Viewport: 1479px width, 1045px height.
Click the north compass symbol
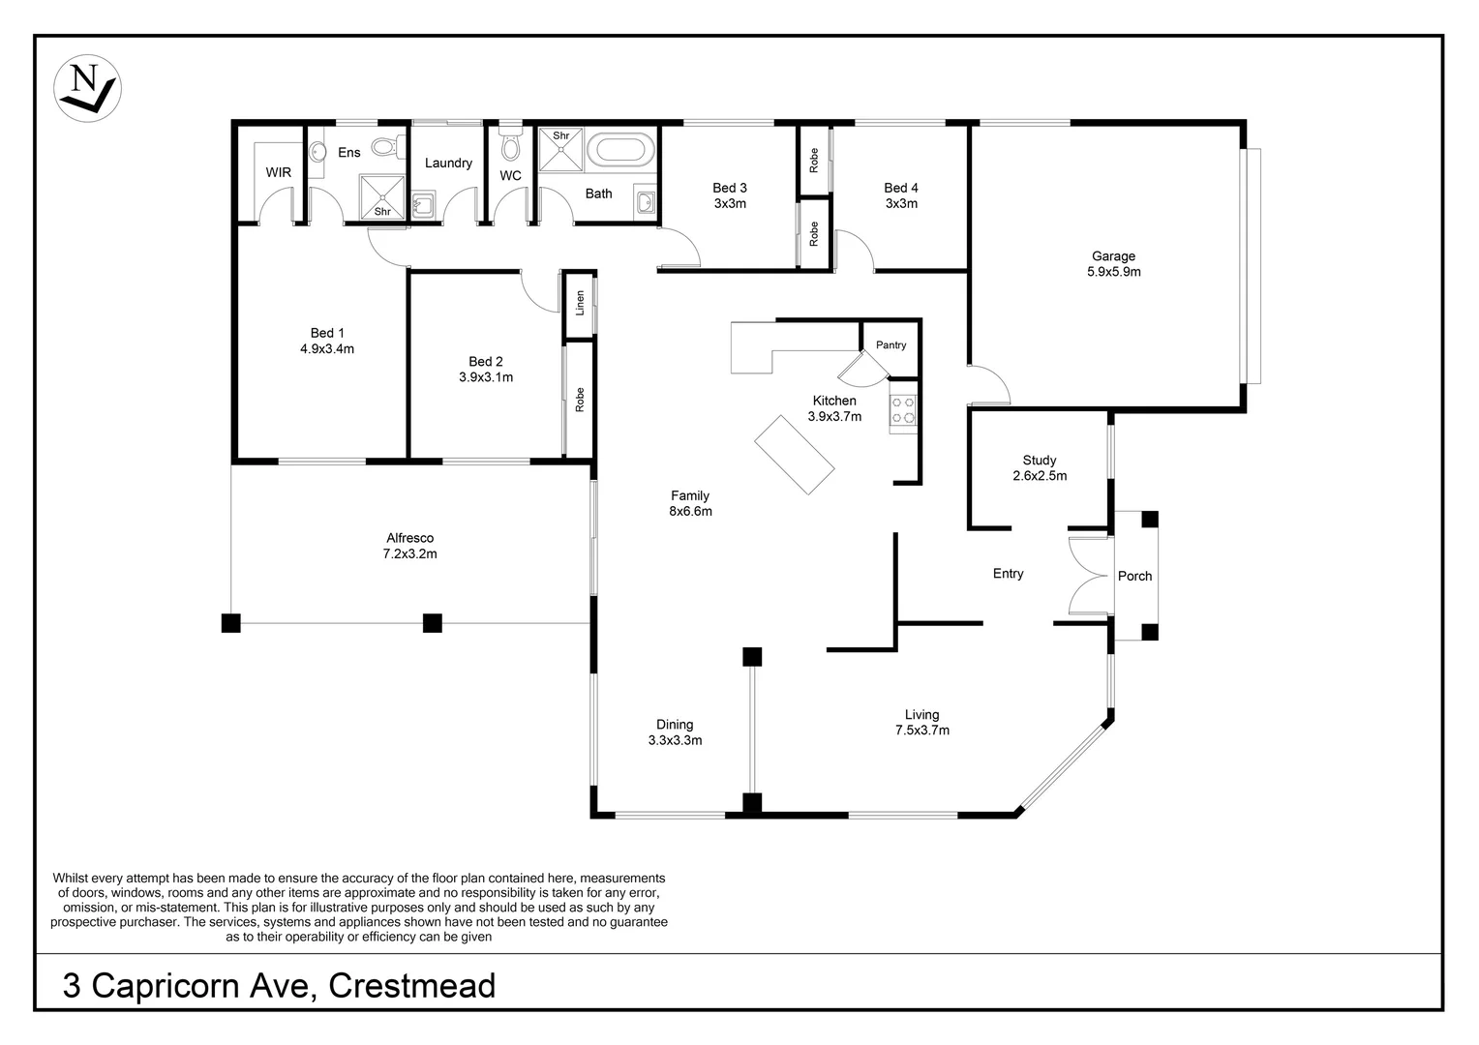click(x=87, y=88)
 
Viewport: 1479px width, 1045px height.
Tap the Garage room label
click(x=1113, y=256)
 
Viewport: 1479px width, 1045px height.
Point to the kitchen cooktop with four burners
click(x=903, y=409)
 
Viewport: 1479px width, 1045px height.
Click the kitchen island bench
click(x=794, y=455)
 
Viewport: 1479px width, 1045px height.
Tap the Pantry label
click(x=890, y=345)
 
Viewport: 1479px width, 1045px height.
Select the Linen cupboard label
click(x=580, y=303)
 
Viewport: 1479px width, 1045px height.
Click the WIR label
click(x=278, y=173)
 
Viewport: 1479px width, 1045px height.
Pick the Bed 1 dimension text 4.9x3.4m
click(x=327, y=349)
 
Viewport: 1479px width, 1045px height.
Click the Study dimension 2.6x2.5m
click(x=1040, y=476)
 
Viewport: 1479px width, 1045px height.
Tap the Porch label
click(x=1134, y=576)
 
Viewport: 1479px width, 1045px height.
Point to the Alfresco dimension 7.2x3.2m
click(x=409, y=554)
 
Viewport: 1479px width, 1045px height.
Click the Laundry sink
click(x=422, y=205)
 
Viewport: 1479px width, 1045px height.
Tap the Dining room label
click(x=675, y=725)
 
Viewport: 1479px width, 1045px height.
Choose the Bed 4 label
click(x=900, y=188)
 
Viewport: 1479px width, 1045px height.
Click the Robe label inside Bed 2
click(x=580, y=400)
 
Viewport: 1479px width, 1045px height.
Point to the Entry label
click(x=1008, y=574)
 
